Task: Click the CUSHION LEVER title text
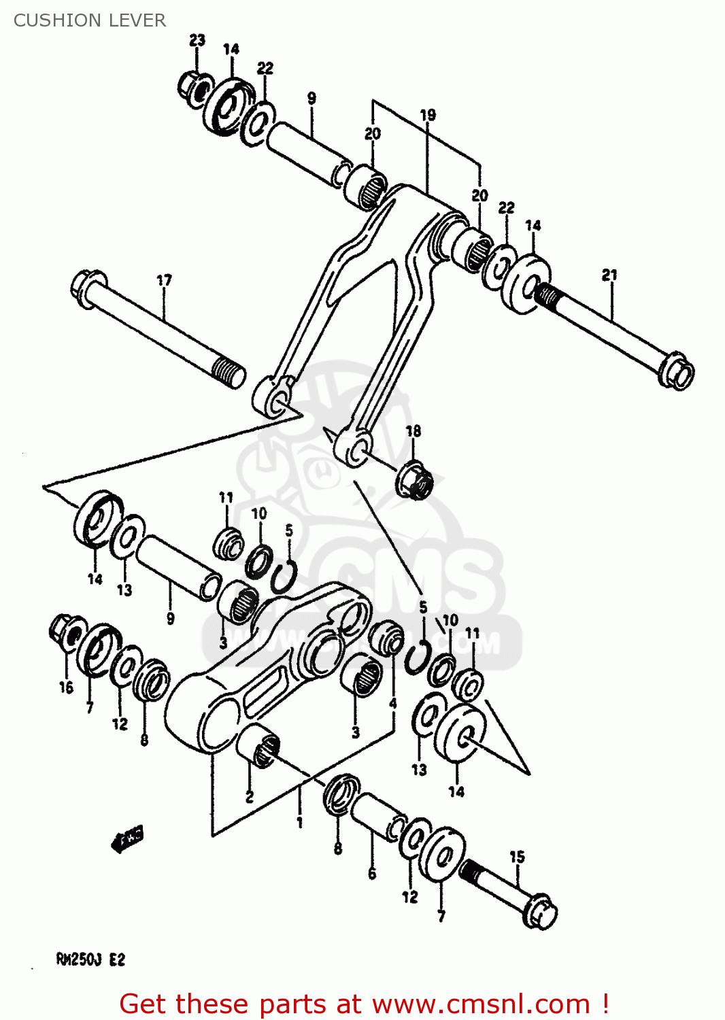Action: point(89,20)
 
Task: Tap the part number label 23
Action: point(197,40)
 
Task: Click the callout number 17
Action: point(164,280)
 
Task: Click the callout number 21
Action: point(609,275)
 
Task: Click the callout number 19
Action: point(427,115)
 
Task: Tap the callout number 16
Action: point(66,687)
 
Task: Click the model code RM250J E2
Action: point(90,959)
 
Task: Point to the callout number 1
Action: point(299,823)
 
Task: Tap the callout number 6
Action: point(371,874)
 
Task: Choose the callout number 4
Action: point(392,703)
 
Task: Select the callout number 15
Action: point(517,857)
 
